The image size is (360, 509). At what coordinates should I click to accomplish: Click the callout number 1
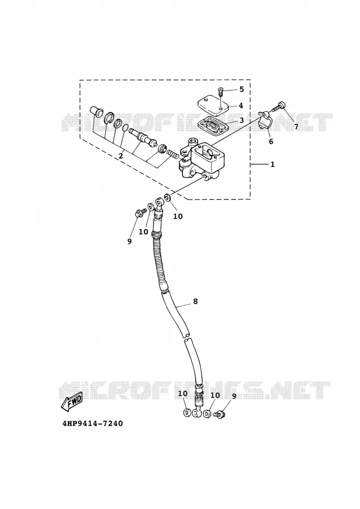[x=272, y=165]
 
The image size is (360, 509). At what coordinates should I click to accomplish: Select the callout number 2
[x=121, y=156]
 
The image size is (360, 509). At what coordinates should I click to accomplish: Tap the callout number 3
[x=241, y=120]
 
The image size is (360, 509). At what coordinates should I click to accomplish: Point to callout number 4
[x=241, y=106]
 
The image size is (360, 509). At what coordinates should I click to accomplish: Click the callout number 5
[x=241, y=89]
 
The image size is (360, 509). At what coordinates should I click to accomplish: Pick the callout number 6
[x=271, y=141]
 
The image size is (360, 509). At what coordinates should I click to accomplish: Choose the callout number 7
[x=296, y=127]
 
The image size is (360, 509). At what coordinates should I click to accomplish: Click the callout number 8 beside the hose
[x=195, y=301]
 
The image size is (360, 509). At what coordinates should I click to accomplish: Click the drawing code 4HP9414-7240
[x=93, y=424]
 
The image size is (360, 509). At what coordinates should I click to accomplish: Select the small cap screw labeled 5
[x=220, y=92]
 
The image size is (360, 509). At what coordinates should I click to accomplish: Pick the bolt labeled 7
[x=278, y=107]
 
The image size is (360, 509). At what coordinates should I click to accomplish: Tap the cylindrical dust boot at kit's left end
[x=96, y=111]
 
